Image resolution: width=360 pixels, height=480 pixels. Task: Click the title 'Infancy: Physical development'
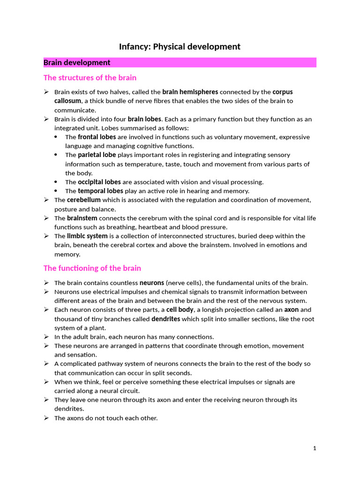tap(180, 46)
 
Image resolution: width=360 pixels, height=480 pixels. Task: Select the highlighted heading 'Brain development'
tap(77, 63)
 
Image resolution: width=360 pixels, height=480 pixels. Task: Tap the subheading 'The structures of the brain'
tap(90, 78)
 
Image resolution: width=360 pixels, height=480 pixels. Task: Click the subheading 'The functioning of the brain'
tap(92, 268)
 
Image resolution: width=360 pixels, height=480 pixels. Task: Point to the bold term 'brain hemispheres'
tap(190, 92)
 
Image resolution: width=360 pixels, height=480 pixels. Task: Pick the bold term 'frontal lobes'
tap(97, 137)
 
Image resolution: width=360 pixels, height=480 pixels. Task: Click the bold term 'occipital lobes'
tap(99, 182)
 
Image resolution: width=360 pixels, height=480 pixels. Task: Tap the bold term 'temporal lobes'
tap(100, 191)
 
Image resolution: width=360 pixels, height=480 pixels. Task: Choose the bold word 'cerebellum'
tap(84, 200)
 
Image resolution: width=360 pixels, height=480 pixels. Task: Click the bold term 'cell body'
tap(180, 310)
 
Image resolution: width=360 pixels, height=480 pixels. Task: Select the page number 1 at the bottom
tap(315, 448)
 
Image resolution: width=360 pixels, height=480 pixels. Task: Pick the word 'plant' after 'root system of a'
tap(97, 328)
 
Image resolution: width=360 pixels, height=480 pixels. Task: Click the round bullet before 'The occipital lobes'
tap(56, 182)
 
